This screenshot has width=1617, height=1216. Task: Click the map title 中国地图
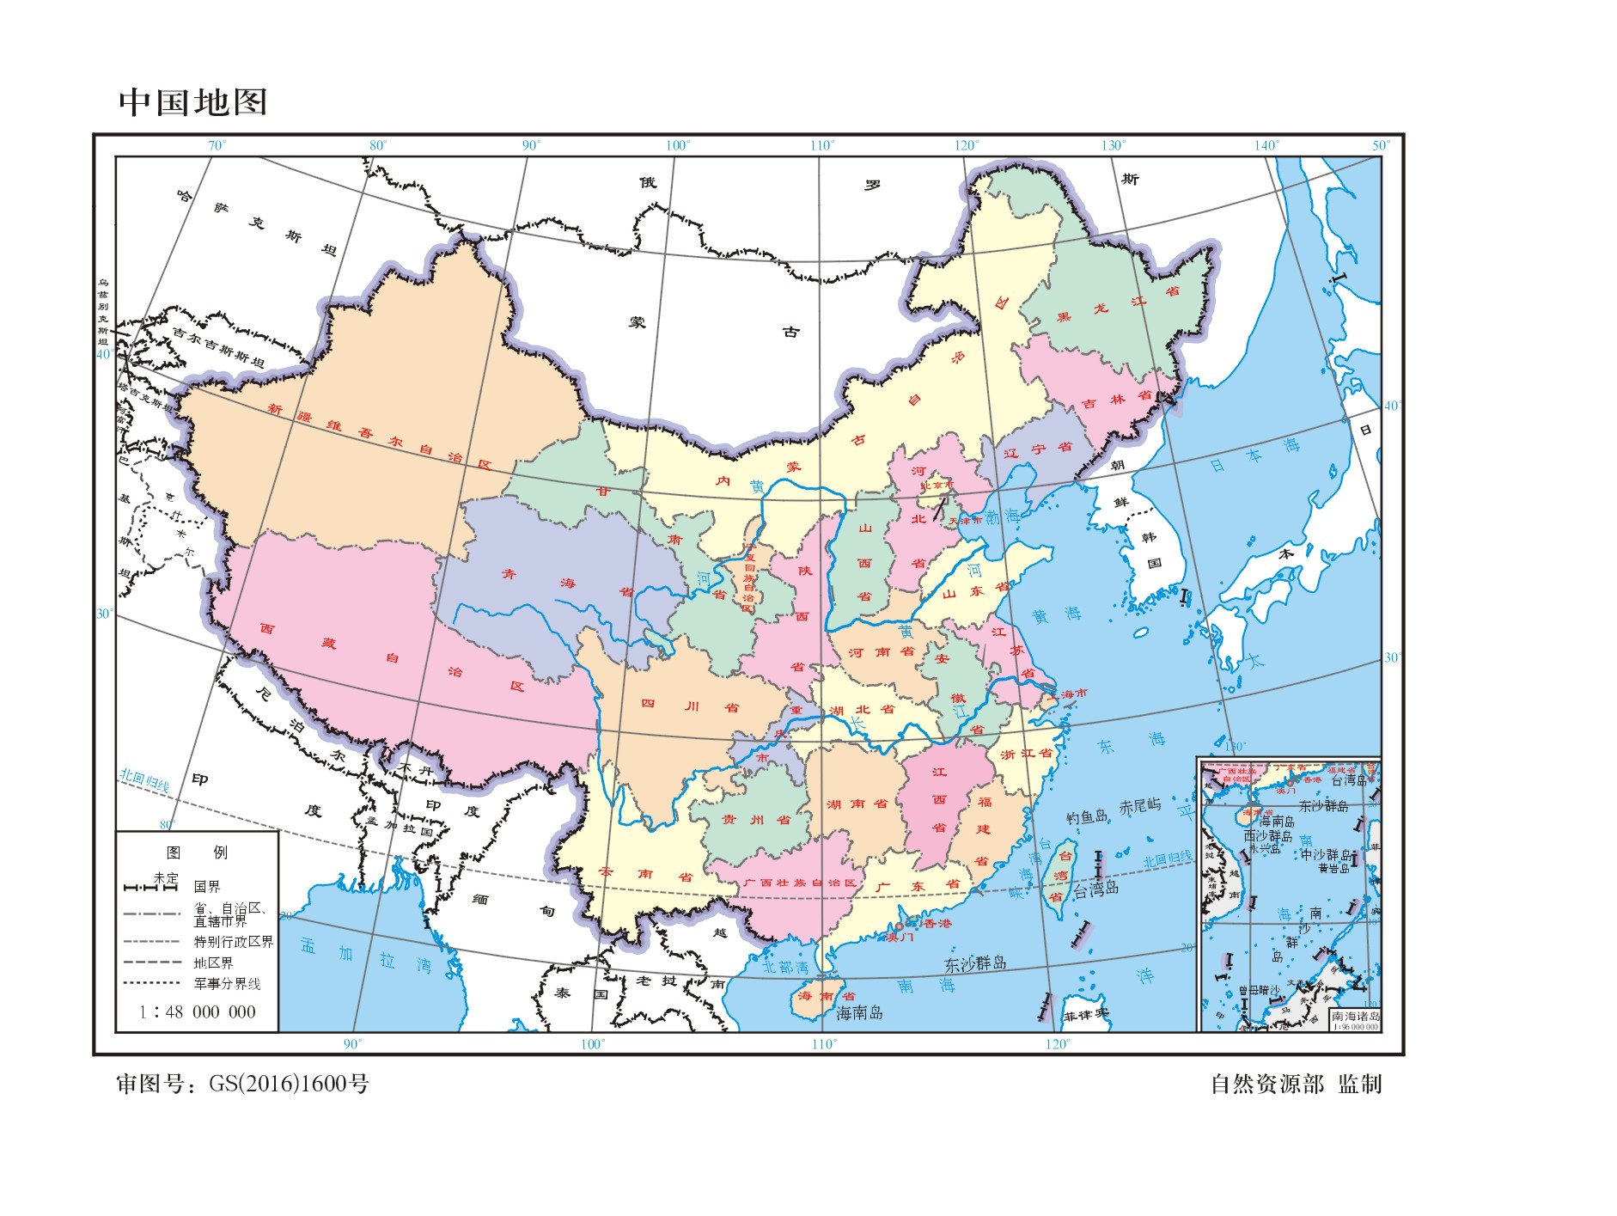click(x=193, y=102)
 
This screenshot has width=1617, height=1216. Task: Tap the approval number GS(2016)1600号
click(x=289, y=1084)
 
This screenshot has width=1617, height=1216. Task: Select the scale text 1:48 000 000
click(x=198, y=1012)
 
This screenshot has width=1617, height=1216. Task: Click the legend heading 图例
click(x=198, y=852)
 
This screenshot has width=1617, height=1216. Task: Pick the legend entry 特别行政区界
click(x=233, y=942)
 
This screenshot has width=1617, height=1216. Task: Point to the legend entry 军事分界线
click(x=227, y=984)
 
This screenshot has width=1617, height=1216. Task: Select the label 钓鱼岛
click(x=1087, y=816)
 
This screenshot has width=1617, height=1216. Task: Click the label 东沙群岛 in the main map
click(x=975, y=963)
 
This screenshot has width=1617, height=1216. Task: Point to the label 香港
click(x=937, y=923)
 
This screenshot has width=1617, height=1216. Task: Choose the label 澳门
click(x=900, y=937)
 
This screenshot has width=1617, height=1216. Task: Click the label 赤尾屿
click(x=1140, y=806)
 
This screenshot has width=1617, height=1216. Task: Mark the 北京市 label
click(x=937, y=485)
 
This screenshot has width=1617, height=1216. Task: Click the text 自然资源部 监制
click(x=1296, y=1084)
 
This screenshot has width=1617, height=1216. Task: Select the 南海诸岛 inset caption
click(x=1355, y=1017)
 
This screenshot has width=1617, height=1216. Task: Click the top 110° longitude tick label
click(x=821, y=145)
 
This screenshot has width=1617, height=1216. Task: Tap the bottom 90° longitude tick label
click(x=352, y=1044)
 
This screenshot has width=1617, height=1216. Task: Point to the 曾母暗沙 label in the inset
click(x=1258, y=991)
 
